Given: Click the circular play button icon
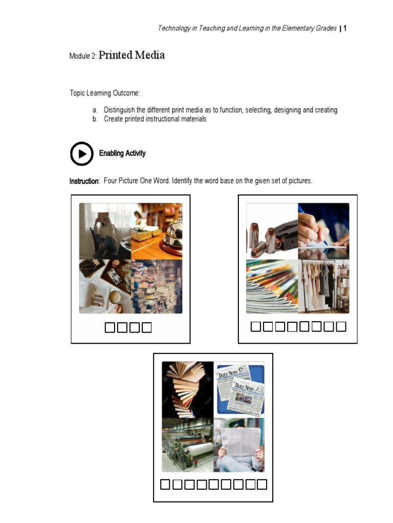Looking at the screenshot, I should click(x=82, y=154).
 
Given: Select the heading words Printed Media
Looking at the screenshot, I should click(x=132, y=55).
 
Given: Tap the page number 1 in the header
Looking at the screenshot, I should click(x=345, y=29).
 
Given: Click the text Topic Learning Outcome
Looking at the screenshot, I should click(x=104, y=93).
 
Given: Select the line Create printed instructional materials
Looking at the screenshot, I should click(x=155, y=119).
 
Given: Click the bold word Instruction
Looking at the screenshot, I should click(x=84, y=181).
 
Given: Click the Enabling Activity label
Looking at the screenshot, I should click(x=122, y=153).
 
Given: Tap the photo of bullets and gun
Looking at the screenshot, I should click(x=272, y=231).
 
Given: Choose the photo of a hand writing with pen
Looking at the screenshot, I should click(x=323, y=231).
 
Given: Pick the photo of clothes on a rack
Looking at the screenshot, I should click(x=323, y=286).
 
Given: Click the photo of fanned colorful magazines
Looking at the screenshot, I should click(x=272, y=286).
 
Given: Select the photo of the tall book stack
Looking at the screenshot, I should click(x=187, y=389).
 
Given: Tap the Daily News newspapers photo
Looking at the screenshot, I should click(x=239, y=389).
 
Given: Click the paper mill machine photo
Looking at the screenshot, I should click(x=187, y=445).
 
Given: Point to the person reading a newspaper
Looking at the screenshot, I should click(x=239, y=445).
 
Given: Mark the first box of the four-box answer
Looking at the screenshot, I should click(x=110, y=327).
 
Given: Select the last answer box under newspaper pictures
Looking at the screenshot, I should click(x=261, y=484).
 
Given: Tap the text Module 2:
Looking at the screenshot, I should click(x=82, y=56).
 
